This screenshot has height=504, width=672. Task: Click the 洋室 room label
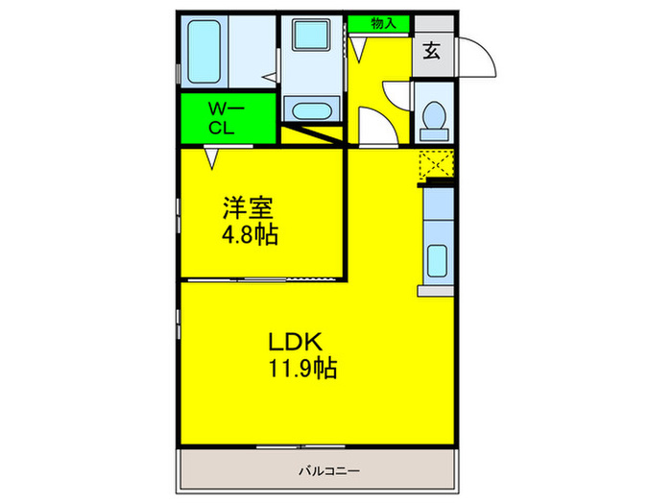coord(249,206)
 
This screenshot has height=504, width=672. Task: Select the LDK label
coord(300,340)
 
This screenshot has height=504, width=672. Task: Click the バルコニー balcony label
coord(328,471)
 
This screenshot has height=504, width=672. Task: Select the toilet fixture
coord(434,117)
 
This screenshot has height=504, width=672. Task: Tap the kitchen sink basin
coord(437,262)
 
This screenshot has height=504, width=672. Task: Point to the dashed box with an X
coord(436,166)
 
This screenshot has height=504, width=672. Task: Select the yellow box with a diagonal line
coord(315,134)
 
